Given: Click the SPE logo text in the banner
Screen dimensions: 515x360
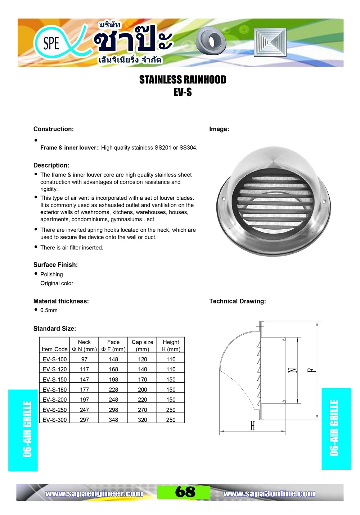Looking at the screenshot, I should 51,44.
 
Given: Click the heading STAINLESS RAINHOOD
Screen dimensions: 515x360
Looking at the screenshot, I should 183,80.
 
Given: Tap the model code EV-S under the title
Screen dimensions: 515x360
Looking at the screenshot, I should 183,92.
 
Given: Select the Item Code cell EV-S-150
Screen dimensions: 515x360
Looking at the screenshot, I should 54,379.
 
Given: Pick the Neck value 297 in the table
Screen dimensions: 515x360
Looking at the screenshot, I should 84,420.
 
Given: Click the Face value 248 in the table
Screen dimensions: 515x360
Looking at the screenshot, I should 113,399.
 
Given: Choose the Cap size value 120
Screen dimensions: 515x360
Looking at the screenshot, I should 143,359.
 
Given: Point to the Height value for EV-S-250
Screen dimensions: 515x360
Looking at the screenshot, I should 171,410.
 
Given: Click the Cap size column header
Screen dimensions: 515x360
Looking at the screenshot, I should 143,345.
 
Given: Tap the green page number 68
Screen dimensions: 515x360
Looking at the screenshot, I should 185,492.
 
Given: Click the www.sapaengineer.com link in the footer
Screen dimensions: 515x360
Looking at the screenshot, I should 94,493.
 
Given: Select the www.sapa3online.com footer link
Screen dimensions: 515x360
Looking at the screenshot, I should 269,493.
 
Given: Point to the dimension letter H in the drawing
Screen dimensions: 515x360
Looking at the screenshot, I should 252,426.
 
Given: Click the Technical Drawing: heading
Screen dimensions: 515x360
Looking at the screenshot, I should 238,301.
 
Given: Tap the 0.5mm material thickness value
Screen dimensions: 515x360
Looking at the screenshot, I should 49,310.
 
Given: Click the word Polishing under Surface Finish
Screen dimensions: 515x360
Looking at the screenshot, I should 51,274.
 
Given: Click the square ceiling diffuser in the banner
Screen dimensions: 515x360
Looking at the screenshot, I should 270,42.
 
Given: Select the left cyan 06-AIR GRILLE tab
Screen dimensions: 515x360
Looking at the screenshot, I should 23,430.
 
